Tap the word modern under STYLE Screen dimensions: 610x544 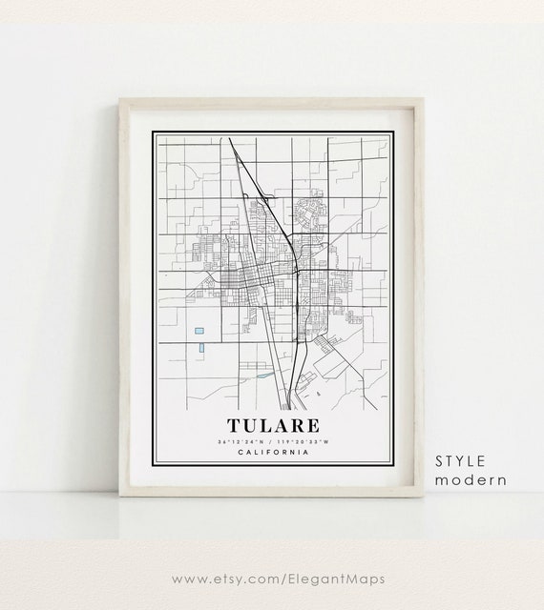tap(471, 479)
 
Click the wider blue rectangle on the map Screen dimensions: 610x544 tap(199, 330)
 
